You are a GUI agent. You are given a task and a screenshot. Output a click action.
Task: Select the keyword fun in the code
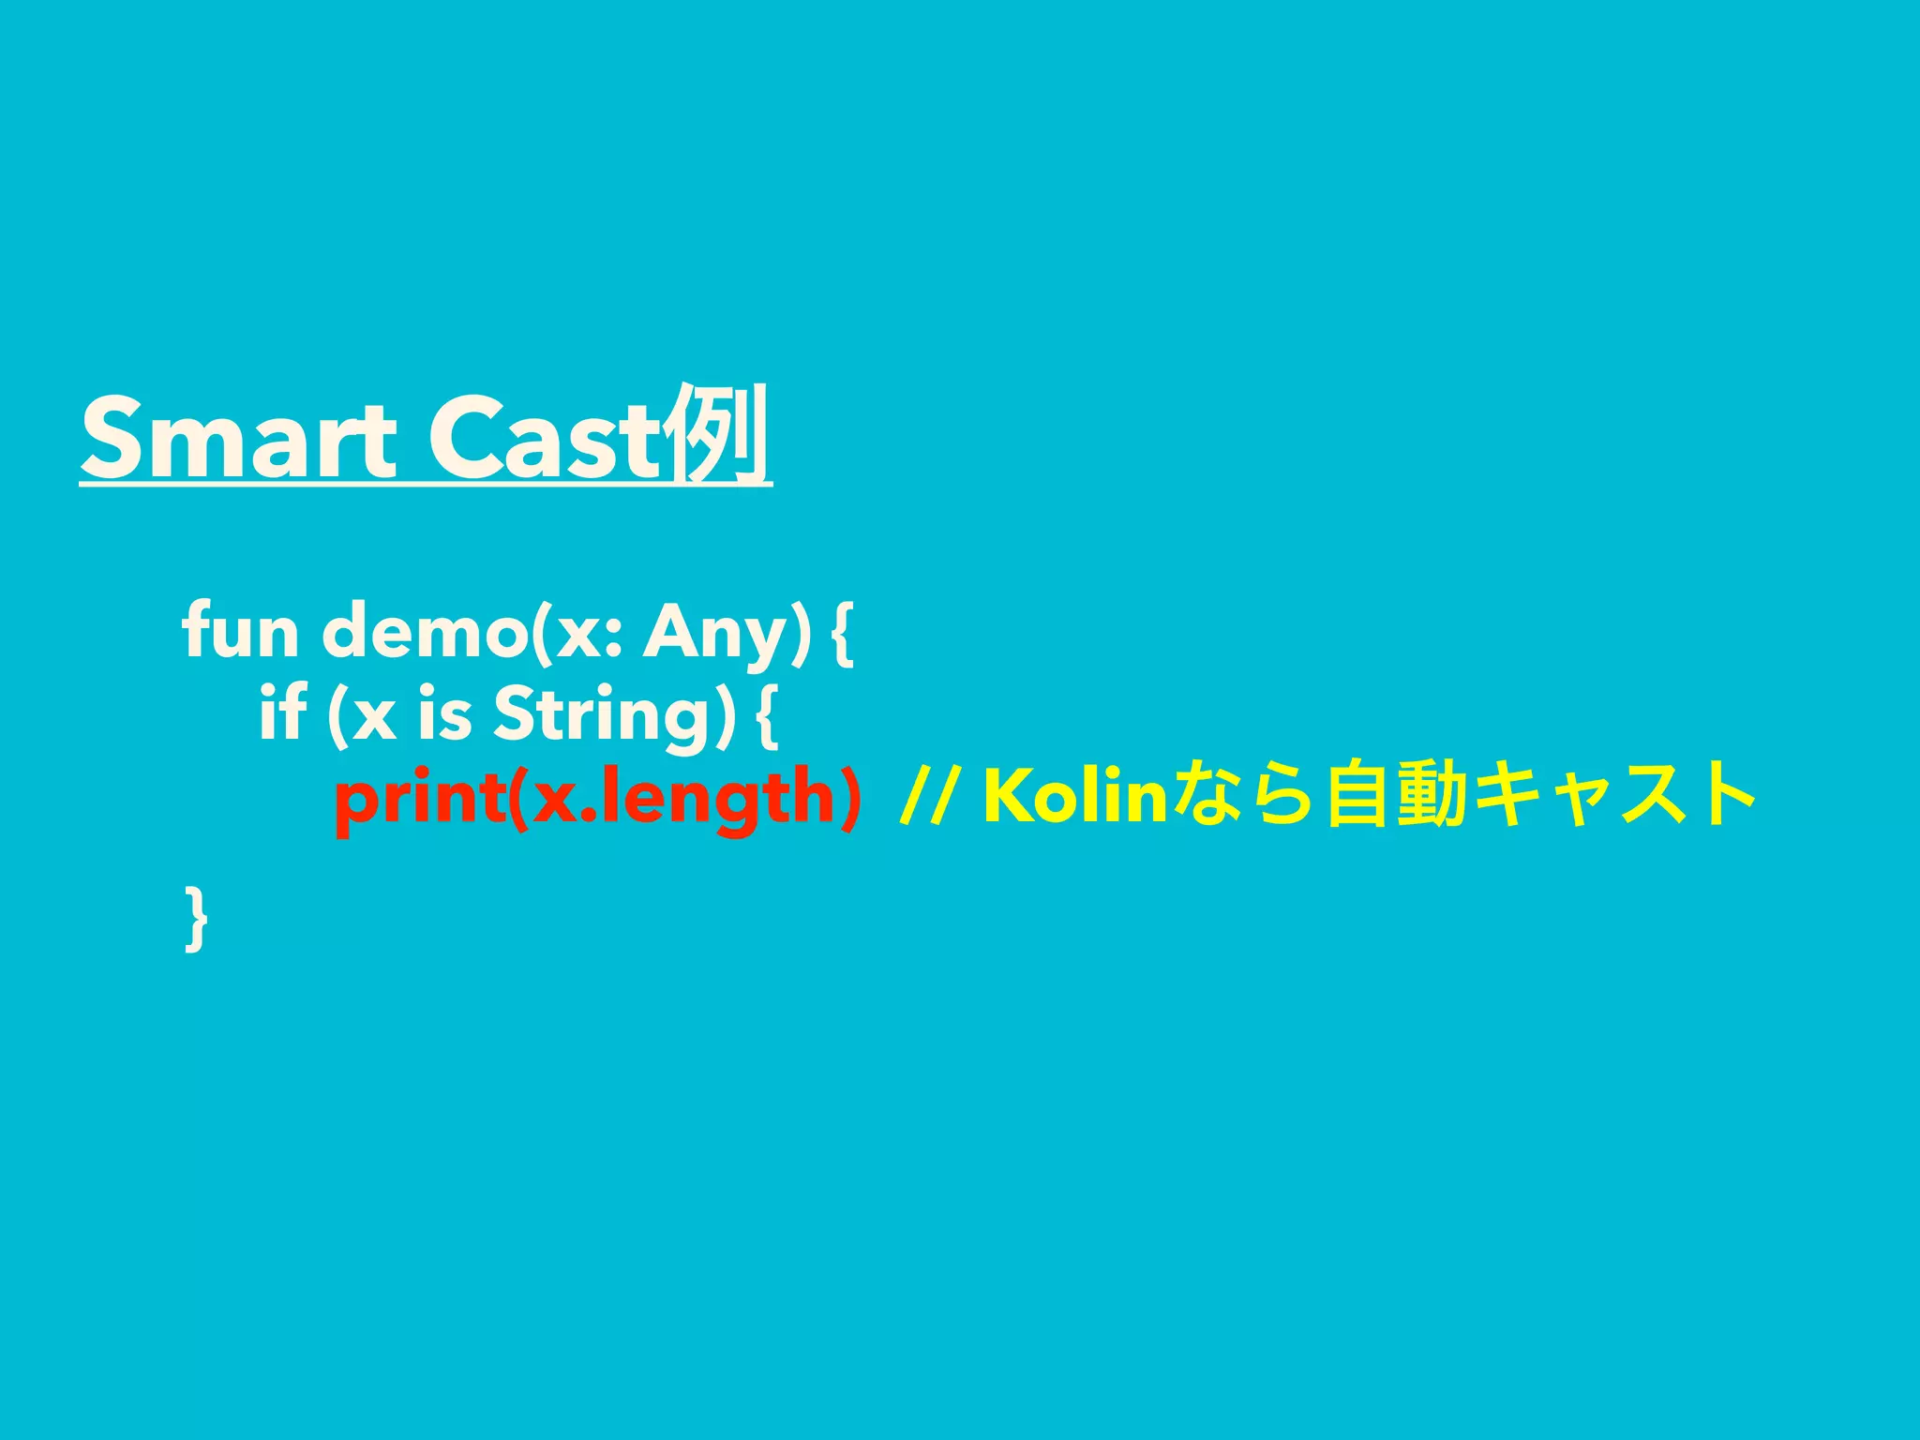pos(240,632)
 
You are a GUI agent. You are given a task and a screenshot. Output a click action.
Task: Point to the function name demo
pos(425,632)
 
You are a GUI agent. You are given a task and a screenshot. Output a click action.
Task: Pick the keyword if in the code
pos(282,712)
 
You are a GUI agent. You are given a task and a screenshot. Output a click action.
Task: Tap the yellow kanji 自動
pos(1397,797)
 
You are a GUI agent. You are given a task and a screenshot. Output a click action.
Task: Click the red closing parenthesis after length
pos(848,797)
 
